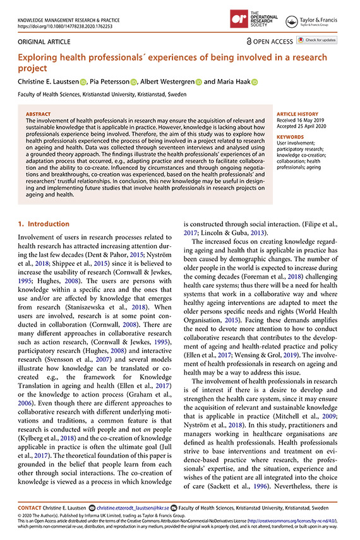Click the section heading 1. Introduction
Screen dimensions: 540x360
(43, 224)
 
